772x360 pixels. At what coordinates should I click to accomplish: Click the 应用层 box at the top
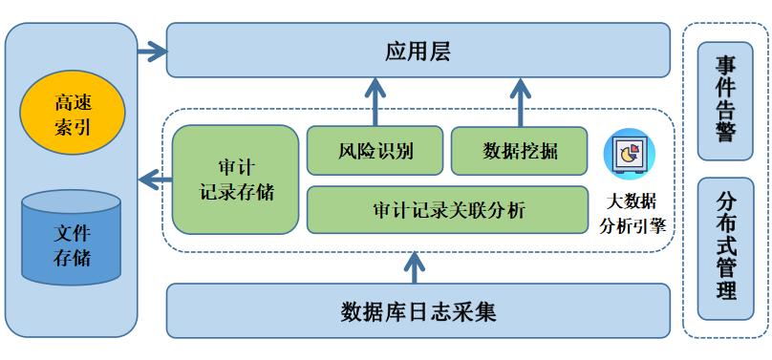(x=417, y=50)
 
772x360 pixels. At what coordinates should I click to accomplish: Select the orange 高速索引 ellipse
(x=73, y=114)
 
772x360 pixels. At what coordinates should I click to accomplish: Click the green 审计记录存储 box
(x=235, y=179)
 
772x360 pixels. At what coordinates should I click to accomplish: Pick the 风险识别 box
(x=375, y=151)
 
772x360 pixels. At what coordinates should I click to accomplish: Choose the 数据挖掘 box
(x=520, y=151)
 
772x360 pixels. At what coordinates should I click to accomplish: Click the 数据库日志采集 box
(x=417, y=311)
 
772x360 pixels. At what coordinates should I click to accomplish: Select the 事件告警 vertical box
(x=725, y=99)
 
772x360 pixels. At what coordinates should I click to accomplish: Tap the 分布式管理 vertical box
(x=725, y=247)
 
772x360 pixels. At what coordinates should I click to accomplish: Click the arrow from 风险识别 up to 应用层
(x=375, y=103)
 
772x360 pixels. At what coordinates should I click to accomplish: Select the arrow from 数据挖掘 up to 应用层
(x=520, y=103)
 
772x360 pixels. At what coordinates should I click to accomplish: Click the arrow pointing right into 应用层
(x=150, y=51)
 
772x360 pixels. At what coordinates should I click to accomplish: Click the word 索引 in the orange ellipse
(x=73, y=126)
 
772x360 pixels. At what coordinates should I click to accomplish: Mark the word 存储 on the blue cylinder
(x=72, y=256)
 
